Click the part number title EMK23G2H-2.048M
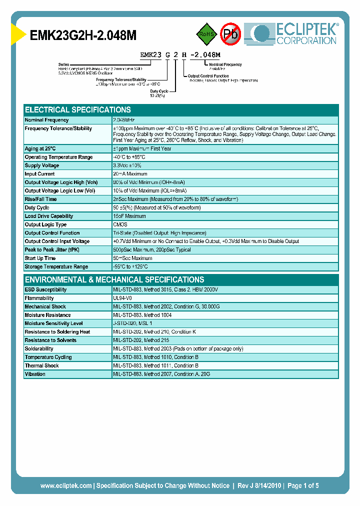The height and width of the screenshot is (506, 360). pyautogui.click(x=83, y=35)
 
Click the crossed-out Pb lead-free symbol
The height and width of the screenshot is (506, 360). pyautogui.click(x=230, y=34)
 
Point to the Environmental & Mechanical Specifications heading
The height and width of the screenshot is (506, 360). pyautogui.click(x=114, y=279)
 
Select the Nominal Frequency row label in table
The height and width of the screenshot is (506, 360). pyautogui.click(x=47, y=120)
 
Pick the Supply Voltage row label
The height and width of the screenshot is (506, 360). pyautogui.click(x=42, y=165)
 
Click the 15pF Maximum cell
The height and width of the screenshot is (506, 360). pyautogui.click(x=129, y=216)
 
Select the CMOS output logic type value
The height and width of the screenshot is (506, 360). pyautogui.click(x=120, y=224)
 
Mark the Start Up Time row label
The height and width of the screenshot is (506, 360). pyautogui.click(x=40, y=258)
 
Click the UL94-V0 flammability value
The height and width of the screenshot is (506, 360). pyautogui.click(x=123, y=298)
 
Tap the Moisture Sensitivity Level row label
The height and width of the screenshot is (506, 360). pyautogui.click(x=53, y=323)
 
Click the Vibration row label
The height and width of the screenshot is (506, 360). pyautogui.click(x=35, y=374)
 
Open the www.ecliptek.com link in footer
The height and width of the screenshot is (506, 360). pyautogui.click(x=65, y=485)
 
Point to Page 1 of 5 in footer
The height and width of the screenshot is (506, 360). pyautogui.click(x=303, y=485)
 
